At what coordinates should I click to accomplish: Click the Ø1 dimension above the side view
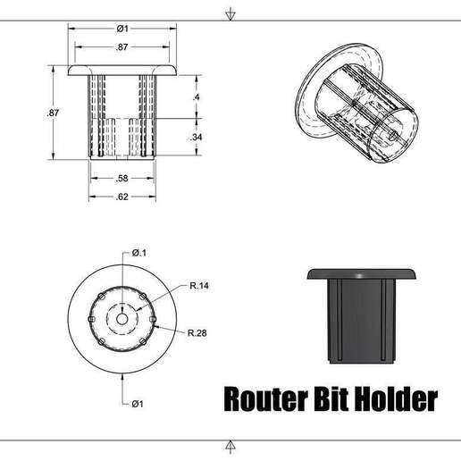[122, 28]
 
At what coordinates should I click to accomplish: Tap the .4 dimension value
[196, 96]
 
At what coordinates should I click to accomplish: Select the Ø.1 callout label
[138, 253]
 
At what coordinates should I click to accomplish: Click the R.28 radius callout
[197, 332]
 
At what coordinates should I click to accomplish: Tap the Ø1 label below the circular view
[138, 404]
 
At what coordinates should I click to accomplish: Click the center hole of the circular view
[122, 317]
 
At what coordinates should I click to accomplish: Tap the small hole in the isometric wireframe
[391, 131]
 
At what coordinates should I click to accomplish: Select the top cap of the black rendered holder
[361, 272]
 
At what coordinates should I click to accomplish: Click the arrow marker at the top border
[230, 14]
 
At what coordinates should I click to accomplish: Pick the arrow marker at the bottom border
[230, 446]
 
